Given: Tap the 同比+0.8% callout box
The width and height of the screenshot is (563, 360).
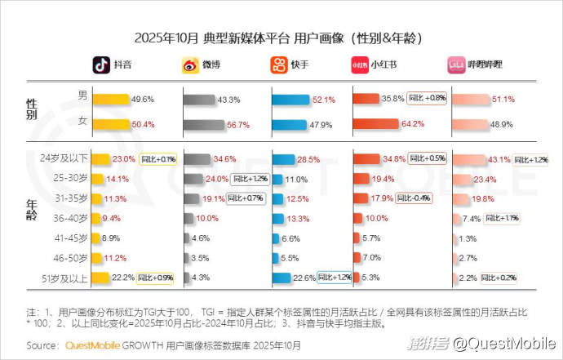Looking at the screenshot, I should coord(427,99).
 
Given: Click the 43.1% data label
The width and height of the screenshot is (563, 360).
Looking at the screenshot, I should coord(499,158).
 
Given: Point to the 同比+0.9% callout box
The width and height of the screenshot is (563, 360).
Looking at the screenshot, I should coord(157,278).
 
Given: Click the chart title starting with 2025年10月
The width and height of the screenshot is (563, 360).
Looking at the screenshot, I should coord(281,38).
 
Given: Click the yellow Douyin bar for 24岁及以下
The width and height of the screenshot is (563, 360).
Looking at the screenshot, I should coord(101,158).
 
